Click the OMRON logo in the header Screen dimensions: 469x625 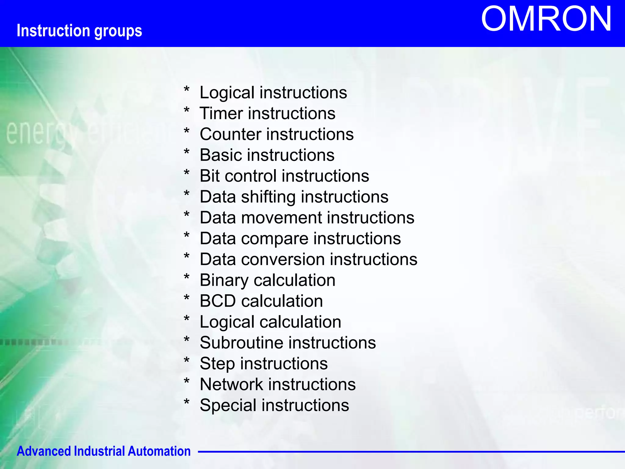pyautogui.click(x=546, y=19)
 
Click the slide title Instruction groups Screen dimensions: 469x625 pyautogui.click(x=79, y=31)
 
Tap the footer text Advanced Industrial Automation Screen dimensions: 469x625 pyautogui.click(x=103, y=451)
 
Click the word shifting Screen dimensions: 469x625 pyautogui.click(x=268, y=197)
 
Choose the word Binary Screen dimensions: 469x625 pyautogui.click(x=224, y=281)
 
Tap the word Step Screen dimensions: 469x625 pyautogui.click(x=217, y=364)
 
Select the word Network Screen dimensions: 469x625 pyautogui.click(x=231, y=384)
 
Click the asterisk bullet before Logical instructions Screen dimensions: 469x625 pyautogui.click(x=187, y=89)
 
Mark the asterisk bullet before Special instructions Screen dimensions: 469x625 pyautogui.click(x=187, y=402)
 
